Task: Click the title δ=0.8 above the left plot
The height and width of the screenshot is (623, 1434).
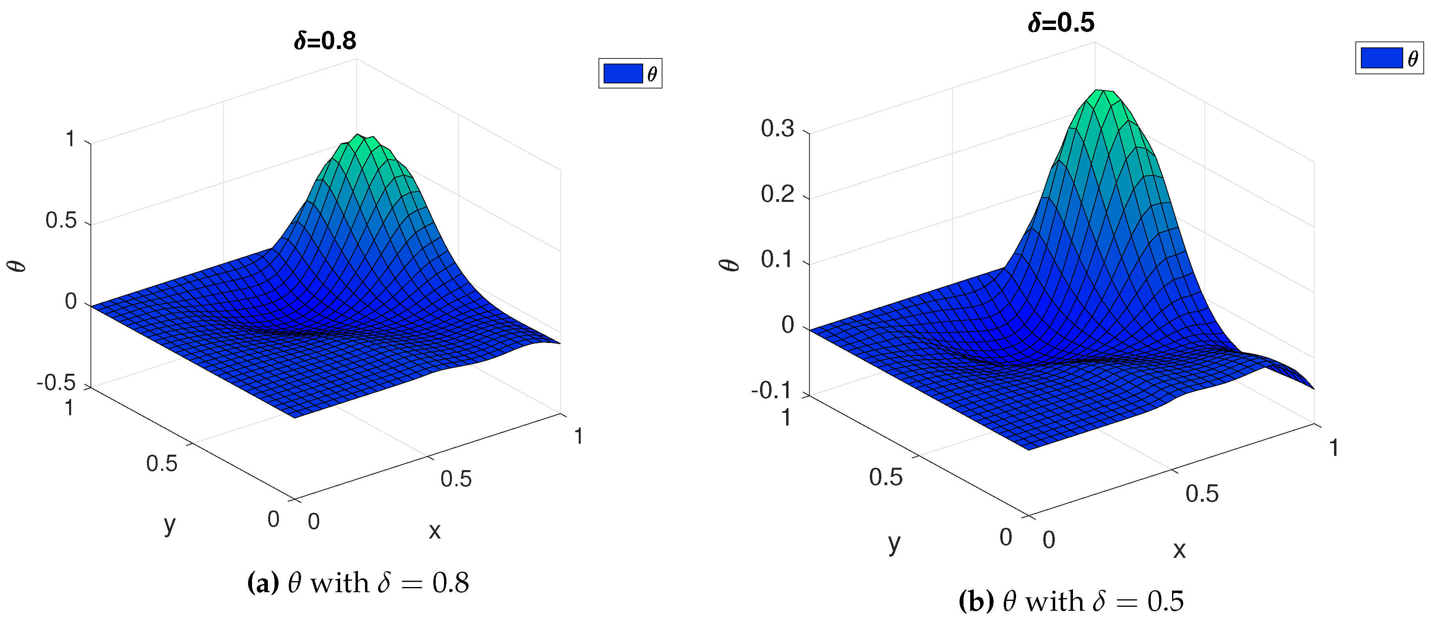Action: (x=325, y=41)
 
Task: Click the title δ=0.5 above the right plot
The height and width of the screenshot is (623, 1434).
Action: (x=1061, y=23)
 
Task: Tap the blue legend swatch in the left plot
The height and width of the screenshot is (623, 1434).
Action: (x=623, y=73)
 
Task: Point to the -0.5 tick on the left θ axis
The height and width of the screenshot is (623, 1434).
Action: (x=56, y=383)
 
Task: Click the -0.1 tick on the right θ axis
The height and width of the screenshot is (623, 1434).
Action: (x=771, y=391)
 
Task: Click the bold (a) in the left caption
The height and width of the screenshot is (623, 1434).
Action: (x=263, y=583)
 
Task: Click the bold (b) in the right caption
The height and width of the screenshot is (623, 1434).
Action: (x=976, y=602)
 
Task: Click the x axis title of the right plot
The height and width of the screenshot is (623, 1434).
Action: (x=1179, y=550)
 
